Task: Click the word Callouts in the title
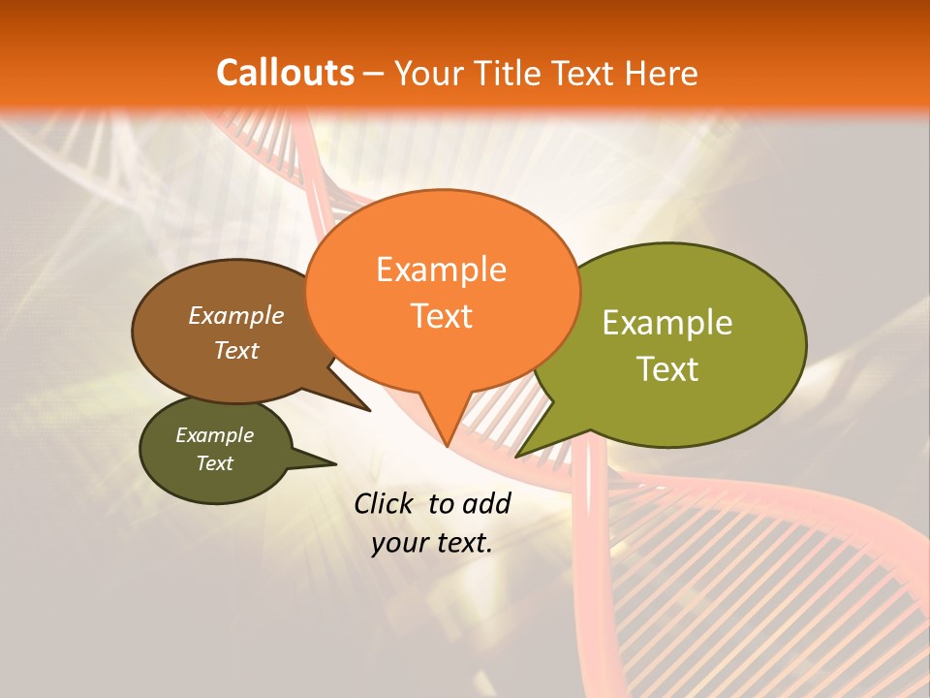coord(285,73)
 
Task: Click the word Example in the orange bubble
coord(441,270)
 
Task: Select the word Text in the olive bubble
coord(667,369)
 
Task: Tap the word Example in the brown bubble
coord(235,315)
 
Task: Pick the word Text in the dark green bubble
coord(215,463)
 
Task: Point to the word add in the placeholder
coord(485,503)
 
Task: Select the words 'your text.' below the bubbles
coord(432,543)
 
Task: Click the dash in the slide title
coord(375,74)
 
